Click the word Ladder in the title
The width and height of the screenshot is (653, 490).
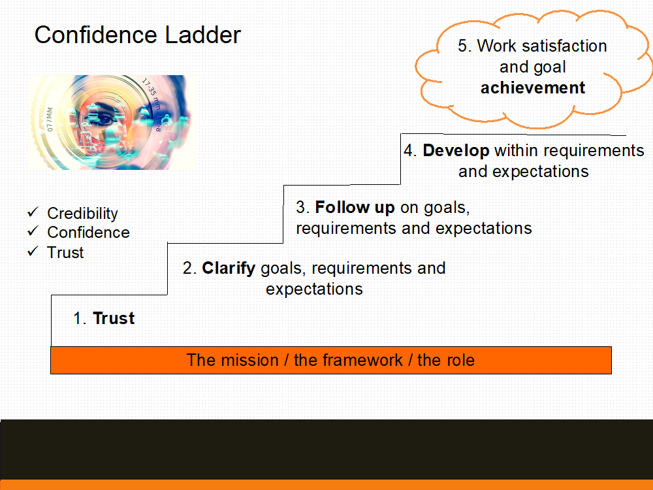coord(203,35)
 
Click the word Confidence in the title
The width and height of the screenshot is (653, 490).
coord(96,35)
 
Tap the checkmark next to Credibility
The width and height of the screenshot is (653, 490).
coord(33,212)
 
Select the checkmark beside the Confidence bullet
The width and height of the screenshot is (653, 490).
coord(33,231)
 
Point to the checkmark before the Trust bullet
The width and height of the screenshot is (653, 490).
coord(33,252)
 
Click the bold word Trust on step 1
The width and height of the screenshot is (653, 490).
coord(114,318)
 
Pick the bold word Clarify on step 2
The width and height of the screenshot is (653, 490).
coord(229,269)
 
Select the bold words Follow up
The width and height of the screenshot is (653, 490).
coord(355,208)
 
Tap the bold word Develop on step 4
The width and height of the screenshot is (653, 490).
coord(456,151)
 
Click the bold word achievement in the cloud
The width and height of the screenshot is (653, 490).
coord(533,88)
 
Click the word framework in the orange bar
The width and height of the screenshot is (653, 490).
coord(348,360)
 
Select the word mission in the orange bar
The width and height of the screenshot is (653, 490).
coord(249,360)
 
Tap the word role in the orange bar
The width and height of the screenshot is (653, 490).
coord(458,360)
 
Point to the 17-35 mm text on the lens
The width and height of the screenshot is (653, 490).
coord(151,93)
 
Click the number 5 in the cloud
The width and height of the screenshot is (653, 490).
coord(462,46)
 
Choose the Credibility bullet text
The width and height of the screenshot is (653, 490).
coord(82,214)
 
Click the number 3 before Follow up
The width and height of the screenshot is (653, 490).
coord(300,208)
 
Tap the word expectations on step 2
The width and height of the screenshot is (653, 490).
coord(315,289)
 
